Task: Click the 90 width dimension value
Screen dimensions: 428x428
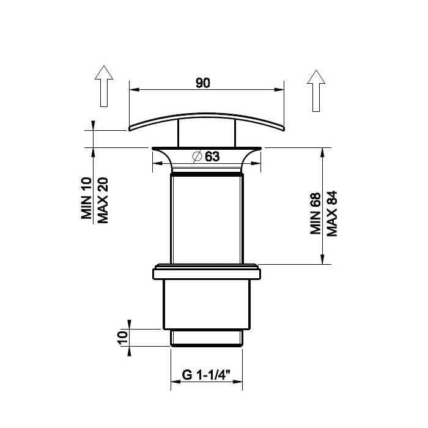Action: click(x=203, y=83)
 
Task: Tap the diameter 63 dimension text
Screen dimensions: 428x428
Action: click(x=207, y=157)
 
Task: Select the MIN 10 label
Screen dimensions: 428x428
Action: click(x=86, y=198)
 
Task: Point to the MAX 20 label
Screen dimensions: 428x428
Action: click(x=103, y=201)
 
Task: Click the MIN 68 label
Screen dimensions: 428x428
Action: click(x=315, y=213)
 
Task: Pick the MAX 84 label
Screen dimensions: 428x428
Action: click(x=332, y=213)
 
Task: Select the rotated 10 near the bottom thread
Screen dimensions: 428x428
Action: click(x=123, y=338)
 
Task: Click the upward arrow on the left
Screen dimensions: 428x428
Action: click(x=104, y=86)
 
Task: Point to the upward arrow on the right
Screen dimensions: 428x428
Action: click(x=316, y=91)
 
